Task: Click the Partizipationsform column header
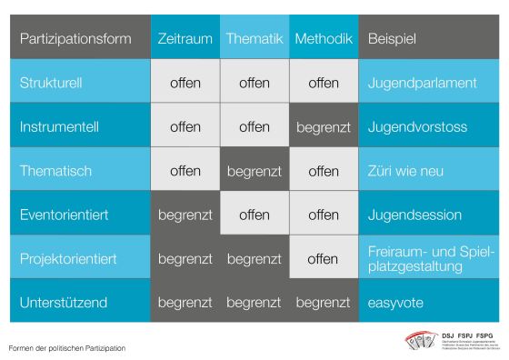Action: [x=75, y=39]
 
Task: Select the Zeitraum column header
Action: [x=185, y=39]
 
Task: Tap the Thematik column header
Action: [x=254, y=39]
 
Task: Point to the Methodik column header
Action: [x=324, y=39]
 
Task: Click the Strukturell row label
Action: [x=51, y=83]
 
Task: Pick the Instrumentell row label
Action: [x=57, y=127]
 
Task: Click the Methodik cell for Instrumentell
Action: [x=324, y=127]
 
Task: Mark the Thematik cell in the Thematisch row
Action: [x=254, y=171]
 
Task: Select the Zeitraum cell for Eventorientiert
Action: [x=185, y=215]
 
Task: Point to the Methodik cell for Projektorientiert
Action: [x=324, y=259]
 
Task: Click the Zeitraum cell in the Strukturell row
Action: [x=185, y=83]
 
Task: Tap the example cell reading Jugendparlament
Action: [x=423, y=83]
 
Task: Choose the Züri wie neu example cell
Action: [x=405, y=171]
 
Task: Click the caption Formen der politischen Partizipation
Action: [x=67, y=347]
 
